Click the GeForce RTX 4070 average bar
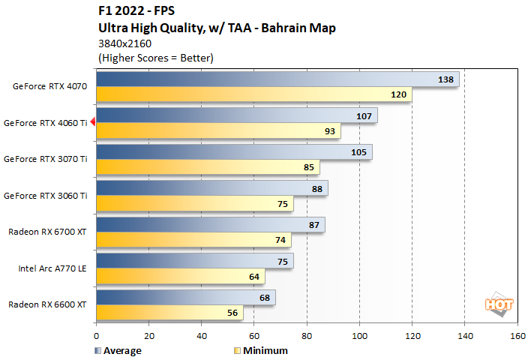tap(277, 79)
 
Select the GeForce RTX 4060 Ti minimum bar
tap(218, 130)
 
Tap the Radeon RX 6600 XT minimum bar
tap(169, 313)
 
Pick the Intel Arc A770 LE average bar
tap(195, 261)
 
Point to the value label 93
tap(329, 130)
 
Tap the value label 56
tap(232, 313)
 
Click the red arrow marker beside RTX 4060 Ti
tap(92, 122)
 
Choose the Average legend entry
tap(120, 350)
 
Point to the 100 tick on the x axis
tap(360, 337)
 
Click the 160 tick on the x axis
tap(517, 337)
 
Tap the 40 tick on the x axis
tap(202, 337)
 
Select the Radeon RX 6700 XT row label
tap(48, 232)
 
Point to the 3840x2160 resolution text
tap(124, 43)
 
